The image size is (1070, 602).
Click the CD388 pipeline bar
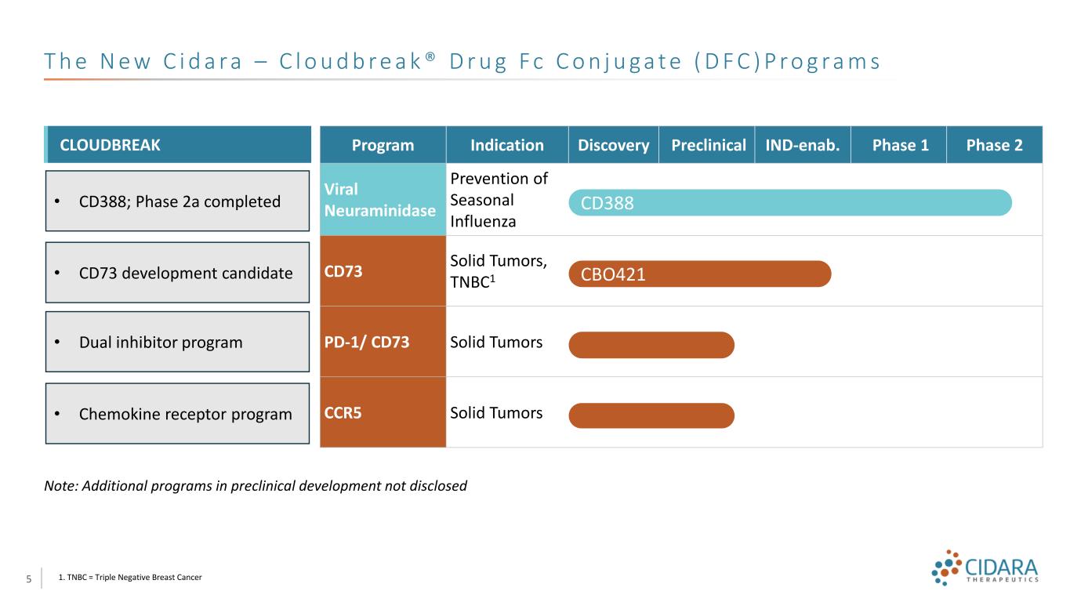(x=790, y=202)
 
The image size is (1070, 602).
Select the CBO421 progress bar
(x=699, y=274)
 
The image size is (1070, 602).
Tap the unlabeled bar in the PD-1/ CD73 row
(x=651, y=345)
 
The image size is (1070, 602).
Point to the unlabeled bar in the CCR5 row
(x=651, y=415)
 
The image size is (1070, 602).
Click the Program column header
(x=383, y=145)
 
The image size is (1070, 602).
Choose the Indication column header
(x=507, y=145)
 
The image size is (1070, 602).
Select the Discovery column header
(x=614, y=145)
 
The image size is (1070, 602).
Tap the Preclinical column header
(x=707, y=145)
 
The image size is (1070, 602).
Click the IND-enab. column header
(x=803, y=145)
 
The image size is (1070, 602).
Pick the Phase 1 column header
(x=899, y=145)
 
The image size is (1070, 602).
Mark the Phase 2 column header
(x=995, y=145)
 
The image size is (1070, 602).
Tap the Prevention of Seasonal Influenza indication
(x=499, y=200)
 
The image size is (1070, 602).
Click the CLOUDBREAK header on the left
(x=178, y=145)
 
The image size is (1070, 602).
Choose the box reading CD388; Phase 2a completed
(x=178, y=201)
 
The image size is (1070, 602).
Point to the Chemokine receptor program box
(x=178, y=414)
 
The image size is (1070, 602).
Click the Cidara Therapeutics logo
(x=986, y=568)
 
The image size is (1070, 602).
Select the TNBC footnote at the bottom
(x=130, y=578)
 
